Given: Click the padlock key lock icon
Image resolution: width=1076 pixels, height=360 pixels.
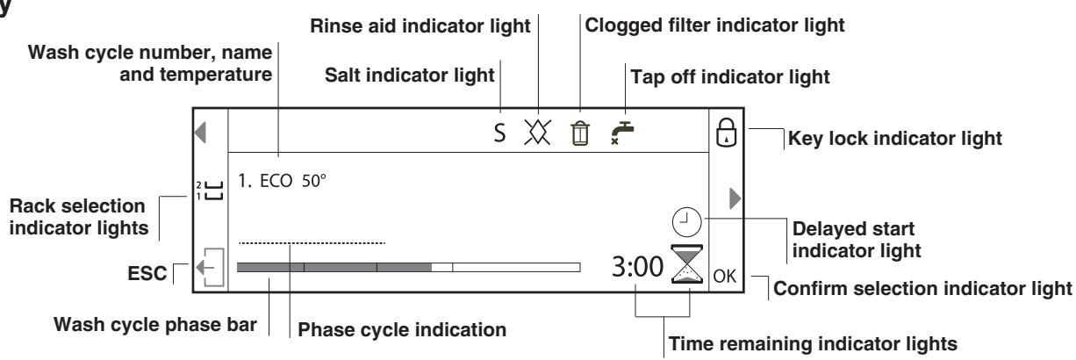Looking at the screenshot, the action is point(726,133).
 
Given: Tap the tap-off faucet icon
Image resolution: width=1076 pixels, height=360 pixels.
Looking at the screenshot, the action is point(622,133).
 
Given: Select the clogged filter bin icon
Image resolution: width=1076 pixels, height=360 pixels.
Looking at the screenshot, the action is point(580,133).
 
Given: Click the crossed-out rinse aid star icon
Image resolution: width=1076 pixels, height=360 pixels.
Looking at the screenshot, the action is point(537,132).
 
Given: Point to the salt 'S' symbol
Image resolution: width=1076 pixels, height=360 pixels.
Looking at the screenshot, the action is point(499,133).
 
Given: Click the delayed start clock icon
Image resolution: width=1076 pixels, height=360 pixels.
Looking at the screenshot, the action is point(686,222).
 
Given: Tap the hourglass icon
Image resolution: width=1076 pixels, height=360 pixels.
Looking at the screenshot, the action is point(687,263).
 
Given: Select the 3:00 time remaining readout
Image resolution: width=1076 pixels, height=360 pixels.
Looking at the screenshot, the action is point(637,267).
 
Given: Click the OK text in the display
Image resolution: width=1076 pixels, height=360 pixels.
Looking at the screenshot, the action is point(724,277).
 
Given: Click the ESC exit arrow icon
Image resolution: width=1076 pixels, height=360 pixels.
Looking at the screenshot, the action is point(211,267).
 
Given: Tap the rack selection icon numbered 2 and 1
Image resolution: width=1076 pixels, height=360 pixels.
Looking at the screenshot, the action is point(210,191).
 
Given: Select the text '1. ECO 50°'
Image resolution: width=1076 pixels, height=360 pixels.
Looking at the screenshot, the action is point(282,181).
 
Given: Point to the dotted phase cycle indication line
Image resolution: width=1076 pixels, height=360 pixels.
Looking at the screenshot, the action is point(312,243).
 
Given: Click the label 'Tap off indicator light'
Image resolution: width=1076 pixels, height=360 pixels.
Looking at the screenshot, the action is point(730,77).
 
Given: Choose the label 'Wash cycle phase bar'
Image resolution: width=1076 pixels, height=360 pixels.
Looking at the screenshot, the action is point(155,324).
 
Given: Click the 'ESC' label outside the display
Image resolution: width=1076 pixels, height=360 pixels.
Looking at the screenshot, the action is point(147,273).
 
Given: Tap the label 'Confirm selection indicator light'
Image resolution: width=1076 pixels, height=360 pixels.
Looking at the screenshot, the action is point(922,289).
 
